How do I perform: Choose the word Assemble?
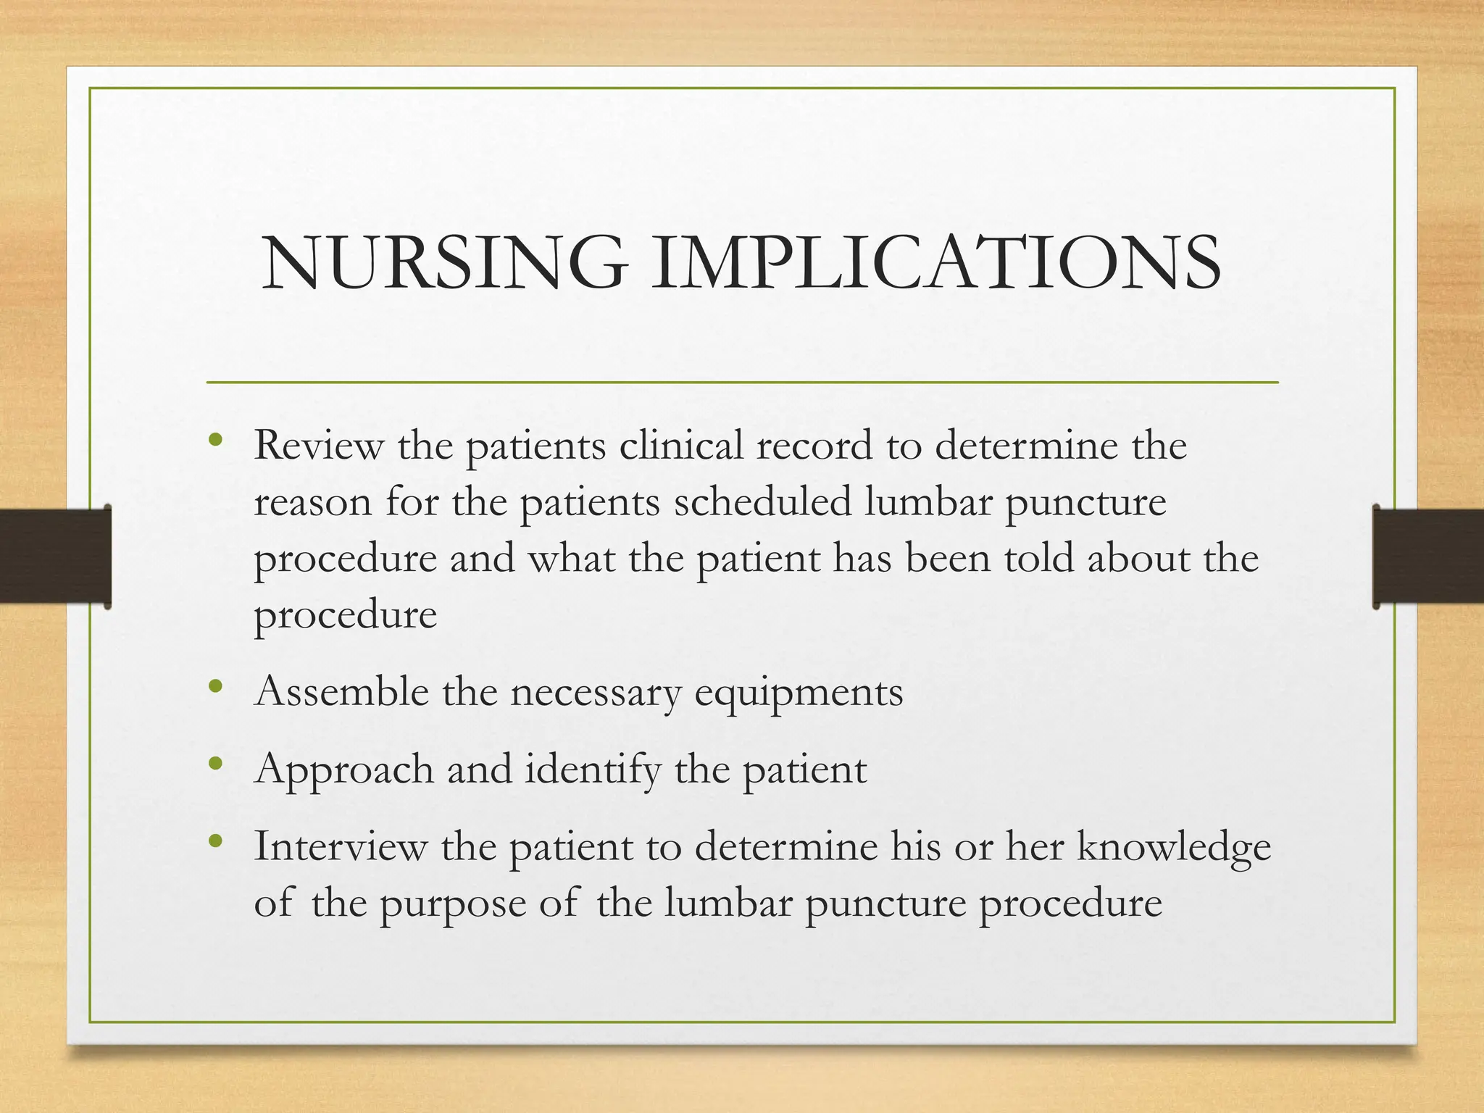click(x=341, y=691)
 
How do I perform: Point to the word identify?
click(x=592, y=770)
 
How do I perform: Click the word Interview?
click(x=340, y=846)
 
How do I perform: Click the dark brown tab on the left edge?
click(x=55, y=556)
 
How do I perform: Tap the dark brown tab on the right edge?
click(x=1428, y=556)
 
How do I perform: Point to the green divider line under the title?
click(x=742, y=382)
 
